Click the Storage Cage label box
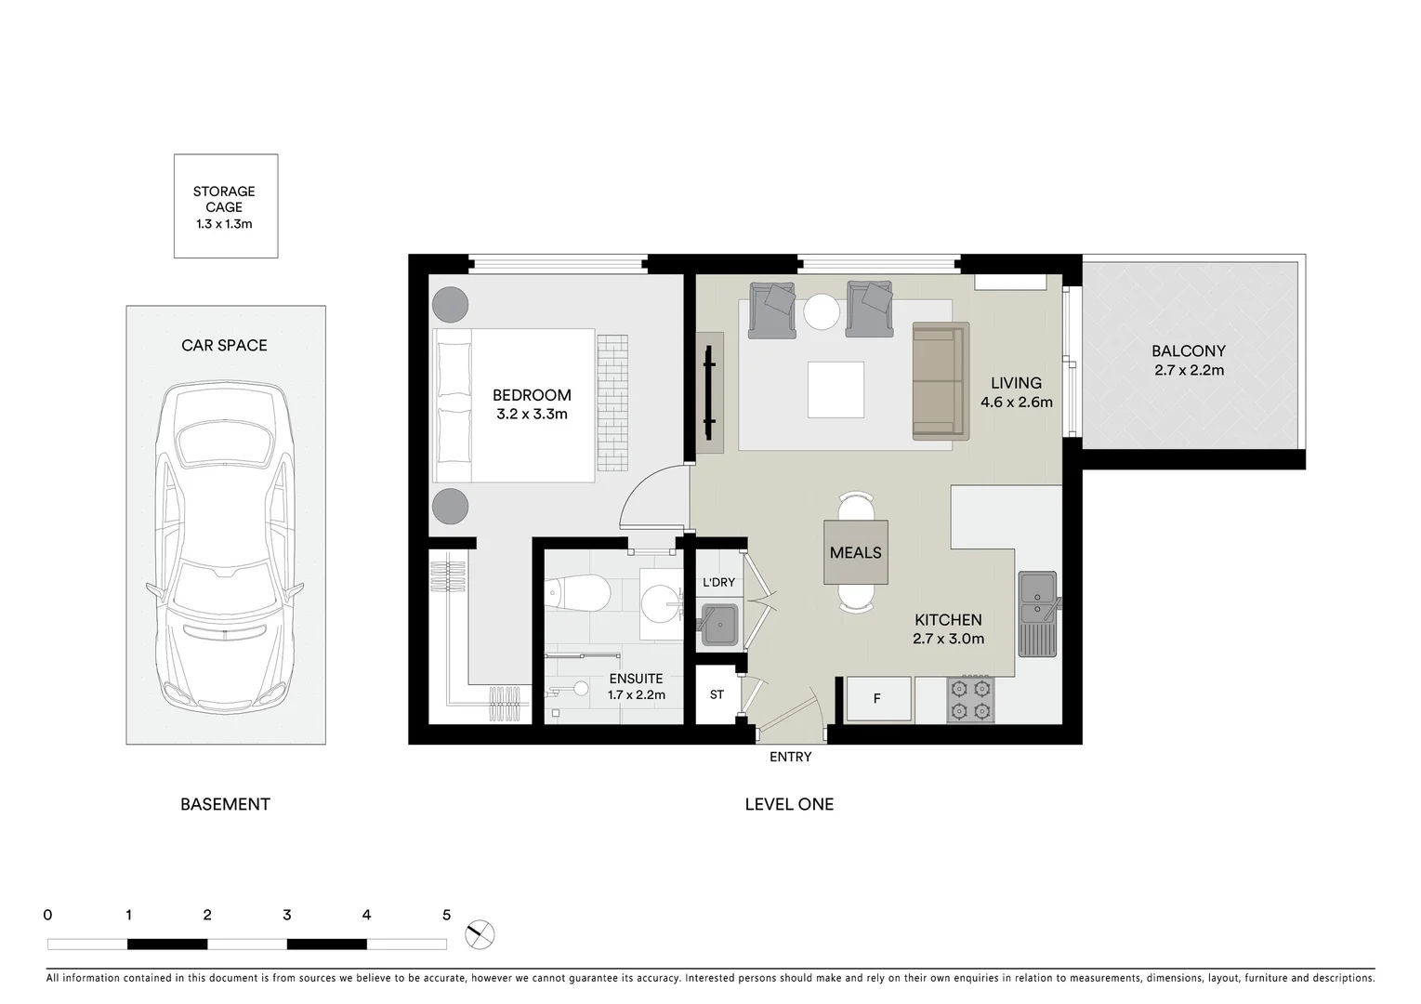[x=225, y=206]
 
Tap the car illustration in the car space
[x=224, y=547]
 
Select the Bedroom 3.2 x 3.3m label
[x=532, y=404]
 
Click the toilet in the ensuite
[x=577, y=591]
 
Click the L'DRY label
[x=718, y=582]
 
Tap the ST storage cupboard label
[x=717, y=694]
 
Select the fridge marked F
[x=877, y=698]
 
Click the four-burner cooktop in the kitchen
[x=970, y=699]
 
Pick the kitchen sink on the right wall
[x=1037, y=613]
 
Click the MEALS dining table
[x=855, y=552]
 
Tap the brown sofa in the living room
[x=941, y=381]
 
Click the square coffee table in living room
[x=835, y=390]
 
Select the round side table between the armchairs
[x=822, y=311]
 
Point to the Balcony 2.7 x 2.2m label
[x=1188, y=360]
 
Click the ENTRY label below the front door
[x=790, y=757]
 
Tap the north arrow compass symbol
[x=480, y=933]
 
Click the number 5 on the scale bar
[x=446, y=915]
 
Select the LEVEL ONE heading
[x=789, y=804]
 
